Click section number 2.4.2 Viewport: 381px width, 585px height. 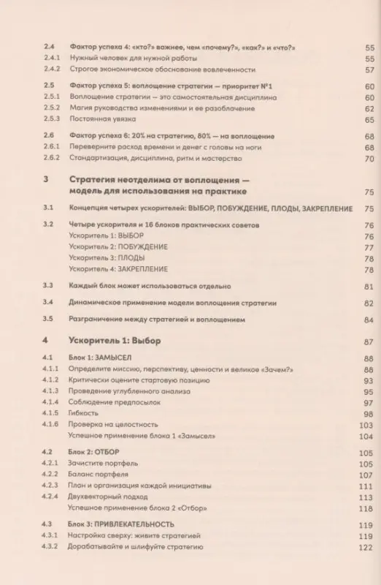click(50, 70)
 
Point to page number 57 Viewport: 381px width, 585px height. click(369, 70)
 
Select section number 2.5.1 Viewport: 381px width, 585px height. click(50, 97)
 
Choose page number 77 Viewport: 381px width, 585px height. click(369, 248)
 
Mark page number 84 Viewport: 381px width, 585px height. click(369, 320)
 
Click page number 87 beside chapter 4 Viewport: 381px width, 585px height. click(369, 341)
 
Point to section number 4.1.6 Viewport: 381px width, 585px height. click(50, 425)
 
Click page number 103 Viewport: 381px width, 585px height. click(366, 425)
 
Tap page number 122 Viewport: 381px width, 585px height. click(367, 547)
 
